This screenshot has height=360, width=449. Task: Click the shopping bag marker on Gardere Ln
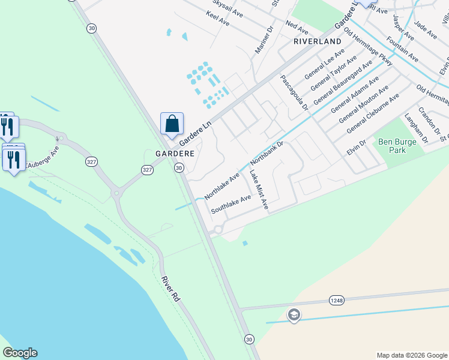[172, 125]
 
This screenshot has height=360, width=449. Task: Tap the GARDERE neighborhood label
[175, 154]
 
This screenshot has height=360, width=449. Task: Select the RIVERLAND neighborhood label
[317, 41]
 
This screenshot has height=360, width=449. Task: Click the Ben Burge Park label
[393, 146]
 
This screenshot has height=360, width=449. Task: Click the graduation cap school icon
[294, 314]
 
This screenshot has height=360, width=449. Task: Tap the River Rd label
[170, 289]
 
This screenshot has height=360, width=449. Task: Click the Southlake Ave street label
[231, 205]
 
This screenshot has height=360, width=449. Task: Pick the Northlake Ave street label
[221, 186]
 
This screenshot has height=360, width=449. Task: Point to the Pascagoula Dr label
[294, 93]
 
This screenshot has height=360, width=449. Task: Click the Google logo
[20, 353]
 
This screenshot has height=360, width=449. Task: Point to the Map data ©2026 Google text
[411, 355]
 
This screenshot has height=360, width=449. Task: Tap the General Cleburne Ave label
[373, 113]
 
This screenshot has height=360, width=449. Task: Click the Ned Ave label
[297, 27]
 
